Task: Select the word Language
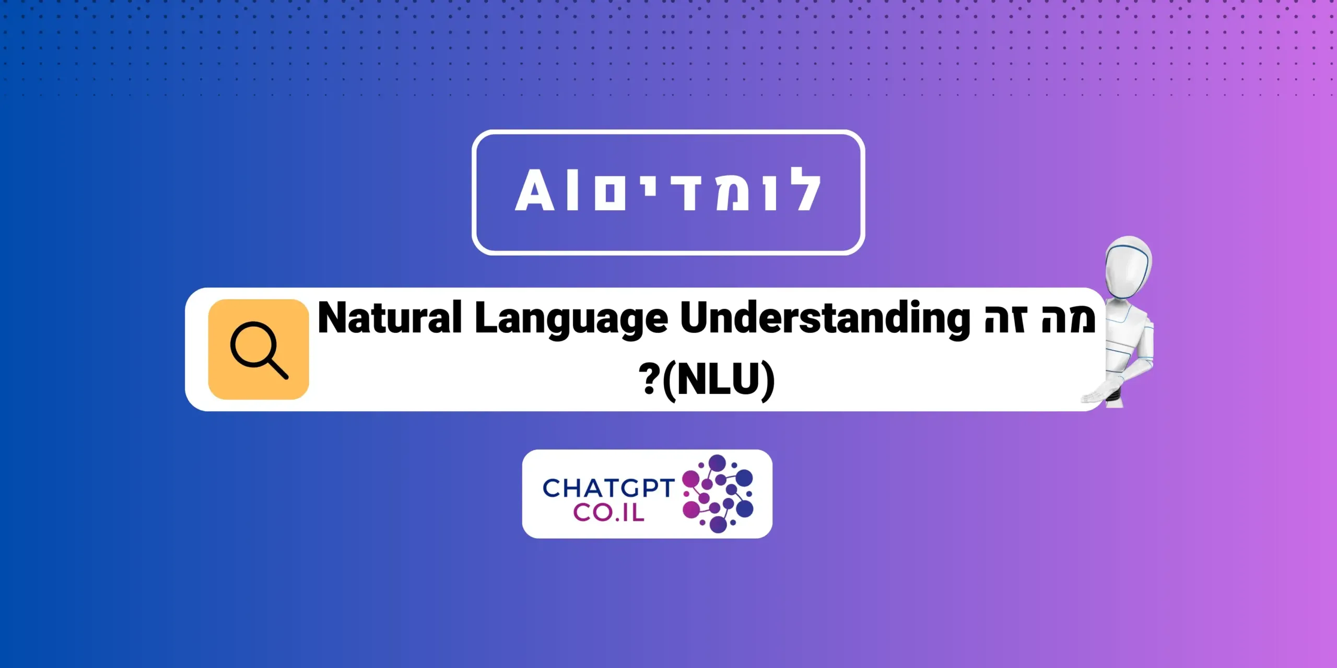click(571, 320)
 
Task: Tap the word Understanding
click(825, 319)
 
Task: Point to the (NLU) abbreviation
click(719, 380)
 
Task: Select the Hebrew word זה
click(1005, 318)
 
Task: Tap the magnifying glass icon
click(259, 350)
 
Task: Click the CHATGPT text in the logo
click(608, 488)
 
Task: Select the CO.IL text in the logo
click(608, 512)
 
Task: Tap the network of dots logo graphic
click(718, 494)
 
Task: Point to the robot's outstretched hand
click(1094, 397)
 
